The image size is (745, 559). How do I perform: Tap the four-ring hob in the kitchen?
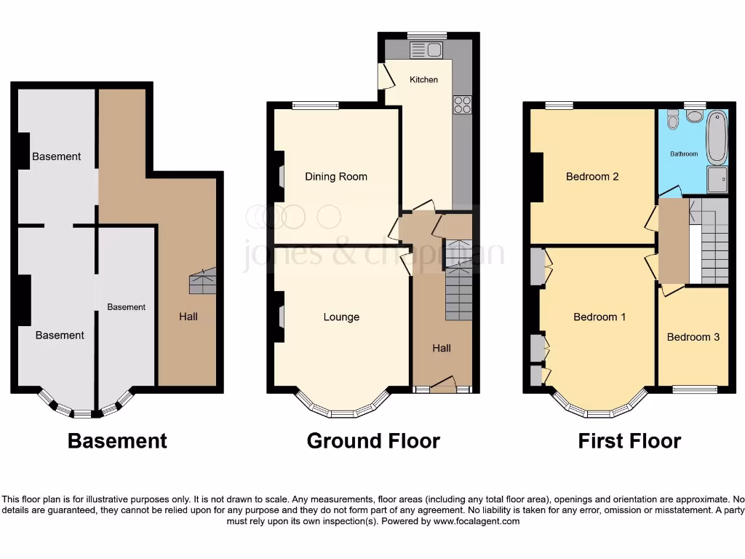tap(462, 105)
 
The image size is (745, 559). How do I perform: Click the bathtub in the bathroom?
tap(717, 136)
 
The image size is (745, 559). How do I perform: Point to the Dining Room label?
tap(335, 176)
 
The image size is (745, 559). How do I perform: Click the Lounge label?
tap(341, 317)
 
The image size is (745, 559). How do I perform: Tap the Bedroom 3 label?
tap(693, 337)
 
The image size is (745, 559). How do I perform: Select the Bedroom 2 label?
tap(592, 176)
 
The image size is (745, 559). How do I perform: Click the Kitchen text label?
tap(423, 79)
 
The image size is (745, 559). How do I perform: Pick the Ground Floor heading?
tap(373, 441)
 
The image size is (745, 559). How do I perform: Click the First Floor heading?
tap(629, 441)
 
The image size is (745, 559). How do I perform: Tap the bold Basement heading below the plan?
tap(117, 441)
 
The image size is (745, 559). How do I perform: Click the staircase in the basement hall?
tap(203, 281)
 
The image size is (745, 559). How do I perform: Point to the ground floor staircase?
tap(458, 284)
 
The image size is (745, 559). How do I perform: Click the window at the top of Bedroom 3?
tap(693, 389)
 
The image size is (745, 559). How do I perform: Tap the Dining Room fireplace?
tap(280, 176)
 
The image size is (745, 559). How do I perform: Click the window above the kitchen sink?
tap(427, 34)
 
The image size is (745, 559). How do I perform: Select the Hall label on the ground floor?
tap(442, 348)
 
